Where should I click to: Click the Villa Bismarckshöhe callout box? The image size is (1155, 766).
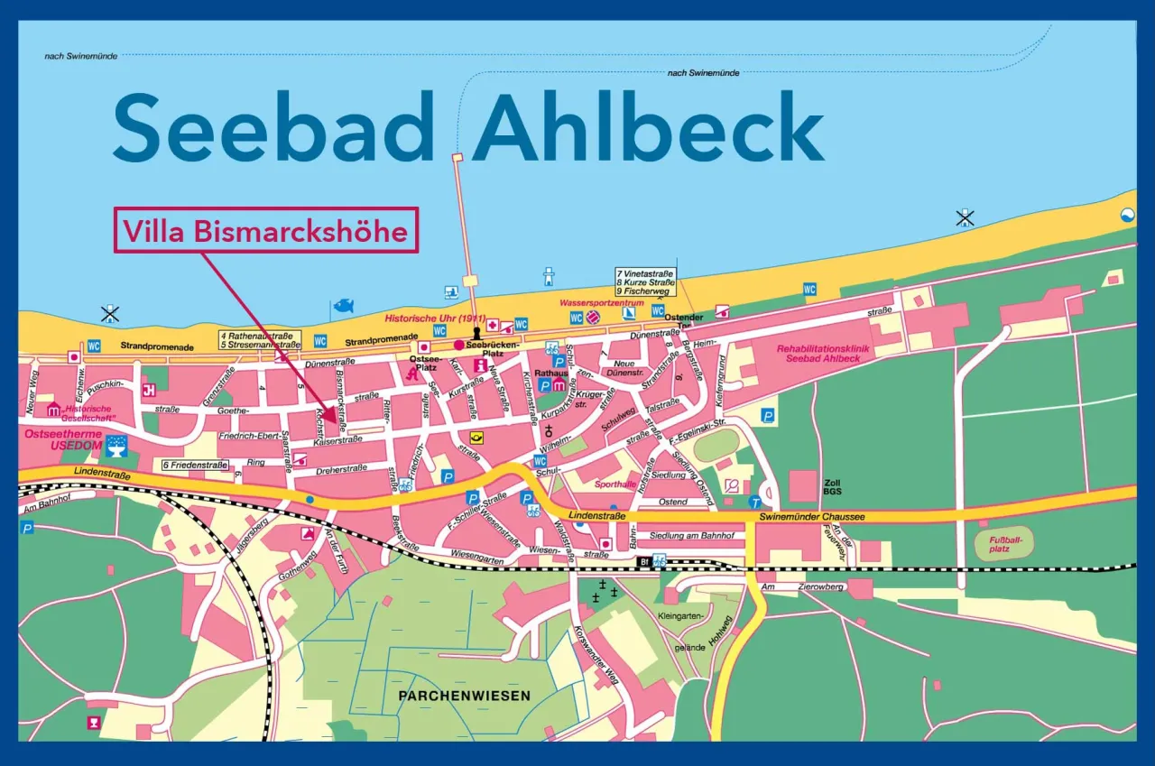pos(266,231)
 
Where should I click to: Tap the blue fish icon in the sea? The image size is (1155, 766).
pos(344,306)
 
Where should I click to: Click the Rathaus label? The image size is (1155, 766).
pos(550,372)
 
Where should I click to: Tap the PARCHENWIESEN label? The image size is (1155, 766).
pos(464,696)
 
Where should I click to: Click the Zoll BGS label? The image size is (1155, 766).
pos(832,488)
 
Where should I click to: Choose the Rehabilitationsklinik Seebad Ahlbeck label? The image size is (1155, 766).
pos(818,353)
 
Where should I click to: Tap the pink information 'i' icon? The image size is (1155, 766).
pos(480,365)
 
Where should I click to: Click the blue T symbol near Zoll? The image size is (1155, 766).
pos(754,502)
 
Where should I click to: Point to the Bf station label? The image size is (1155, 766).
pos(644,561)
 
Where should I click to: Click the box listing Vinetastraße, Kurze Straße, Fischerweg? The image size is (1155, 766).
pos(646,281)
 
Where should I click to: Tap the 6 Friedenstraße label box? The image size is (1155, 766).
pos(194,465)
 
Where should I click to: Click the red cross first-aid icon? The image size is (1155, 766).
pos(493,325)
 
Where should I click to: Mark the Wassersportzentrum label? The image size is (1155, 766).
pos(602,304)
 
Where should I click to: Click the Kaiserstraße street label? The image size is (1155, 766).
pos(337,440)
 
